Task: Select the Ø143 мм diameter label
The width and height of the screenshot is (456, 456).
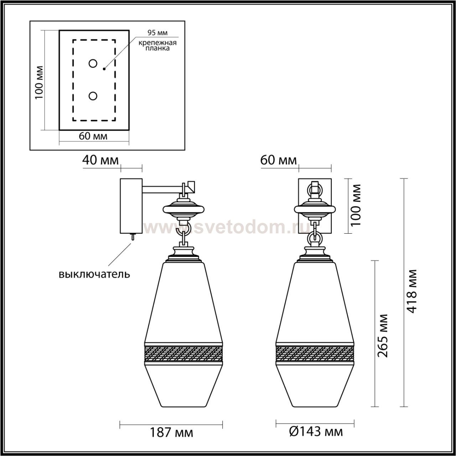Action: click(x=316, y=432)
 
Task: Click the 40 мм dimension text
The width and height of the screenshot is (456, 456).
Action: click(x=100, y=160)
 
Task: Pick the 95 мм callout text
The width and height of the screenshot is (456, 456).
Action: click(x=157, y=33)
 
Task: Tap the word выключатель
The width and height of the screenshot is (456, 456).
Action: click(x=94, y=274)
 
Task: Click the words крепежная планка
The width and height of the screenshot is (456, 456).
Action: click(x=157, y=46)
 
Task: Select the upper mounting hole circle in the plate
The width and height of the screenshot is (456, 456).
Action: click(x=93, y=63)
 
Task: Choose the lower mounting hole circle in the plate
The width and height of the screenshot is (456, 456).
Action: click(x=93, y=96)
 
